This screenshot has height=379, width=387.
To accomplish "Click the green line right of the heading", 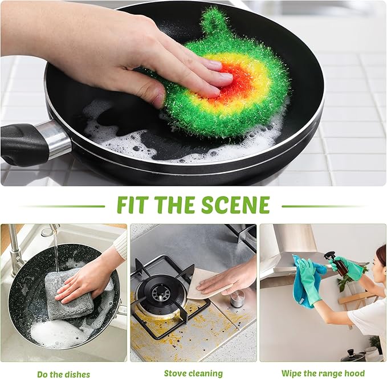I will click(321, 206).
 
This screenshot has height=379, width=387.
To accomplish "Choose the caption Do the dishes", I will click(63, 374).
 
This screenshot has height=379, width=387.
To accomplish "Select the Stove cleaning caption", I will click(193, 373).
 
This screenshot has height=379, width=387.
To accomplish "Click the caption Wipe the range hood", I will click(323, 373).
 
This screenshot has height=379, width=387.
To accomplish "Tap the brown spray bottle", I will click(340, 265).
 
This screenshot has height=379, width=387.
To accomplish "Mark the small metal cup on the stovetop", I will click(237, 298).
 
